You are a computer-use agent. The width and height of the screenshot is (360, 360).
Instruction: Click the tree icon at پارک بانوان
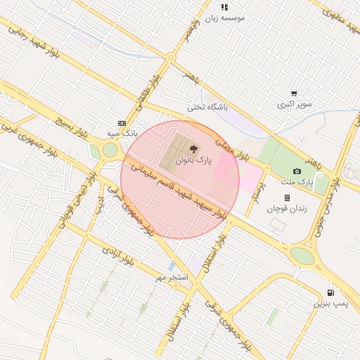tap(193, 148)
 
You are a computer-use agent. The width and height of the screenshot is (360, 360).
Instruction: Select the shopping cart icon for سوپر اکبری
tap(294, 93)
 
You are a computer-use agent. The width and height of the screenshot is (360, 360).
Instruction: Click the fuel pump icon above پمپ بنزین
tap(330, 292)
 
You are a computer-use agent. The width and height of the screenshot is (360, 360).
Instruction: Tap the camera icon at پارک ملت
tap(297, 171)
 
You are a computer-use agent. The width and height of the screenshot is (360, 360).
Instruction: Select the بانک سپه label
tap(122, 132)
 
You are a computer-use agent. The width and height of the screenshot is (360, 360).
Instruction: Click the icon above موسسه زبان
tap(224, 7)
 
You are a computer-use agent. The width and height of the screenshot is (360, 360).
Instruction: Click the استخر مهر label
tap(172, 278)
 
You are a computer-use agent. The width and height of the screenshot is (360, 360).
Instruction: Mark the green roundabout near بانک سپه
tap(110, 150)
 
